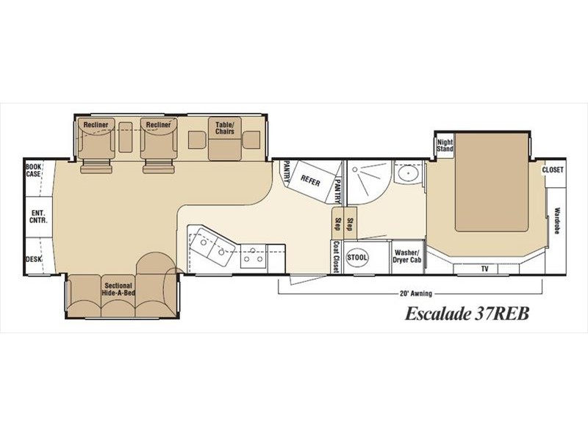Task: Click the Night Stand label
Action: pyautogui.click(x=445, y=145)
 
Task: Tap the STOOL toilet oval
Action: pyautogui.click(x=357, y=258)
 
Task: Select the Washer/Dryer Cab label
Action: pyautogui.click(x=407, y=257)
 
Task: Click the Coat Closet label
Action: pyautogui.click(x=336, y=257)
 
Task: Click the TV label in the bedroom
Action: pyautogui.click(x=485, y=269)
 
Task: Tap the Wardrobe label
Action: pyautogui.click(x=557, y=221)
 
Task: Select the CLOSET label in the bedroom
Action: pyautogui.click(x=553, y=170)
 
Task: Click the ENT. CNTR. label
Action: pyautogui.click(x=39, y=217)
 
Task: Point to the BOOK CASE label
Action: pyautogui.click(x=33, y=170)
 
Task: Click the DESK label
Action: pyautogui.click(x=34, y=259)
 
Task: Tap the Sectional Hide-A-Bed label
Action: pyautogui.click(x=118, y=289)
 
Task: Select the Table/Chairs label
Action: pyautogui.click(x=225, y=128)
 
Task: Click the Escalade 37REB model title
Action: pyautogui.click(x=467, y=313)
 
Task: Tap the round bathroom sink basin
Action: pyautogui.click(x=408, y=173)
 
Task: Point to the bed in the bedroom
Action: pyautogui.click(x=492, y=182)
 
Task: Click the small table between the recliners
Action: pyautogui.click(x=125, y=137)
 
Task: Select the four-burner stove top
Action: pyautogui.click(x=253, y=256)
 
